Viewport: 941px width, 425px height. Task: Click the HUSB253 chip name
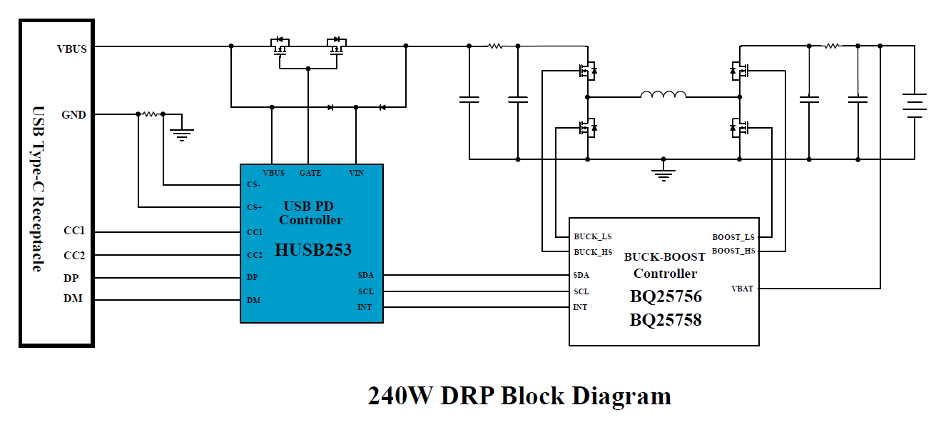tap(312, 250)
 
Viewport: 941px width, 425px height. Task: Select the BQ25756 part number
tap(665, 296)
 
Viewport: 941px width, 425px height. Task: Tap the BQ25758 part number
tap(665, 319)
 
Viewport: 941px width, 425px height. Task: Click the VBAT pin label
tap(742, 289)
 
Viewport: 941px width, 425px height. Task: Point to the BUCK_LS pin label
tap(592, 236)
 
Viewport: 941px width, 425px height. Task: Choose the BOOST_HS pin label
tap(733, 251)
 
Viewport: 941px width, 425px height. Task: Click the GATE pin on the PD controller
tap(310, 173)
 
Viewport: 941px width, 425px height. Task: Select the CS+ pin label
tap(255, 207)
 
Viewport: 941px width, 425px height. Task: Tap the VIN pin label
tap(356, 173)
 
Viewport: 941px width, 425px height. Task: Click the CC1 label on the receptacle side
tap(74, 232)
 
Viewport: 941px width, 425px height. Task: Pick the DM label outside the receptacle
tap(73, 299)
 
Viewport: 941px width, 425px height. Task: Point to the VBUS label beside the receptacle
tap(72, 49)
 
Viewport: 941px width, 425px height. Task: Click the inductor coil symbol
tap(663, 94)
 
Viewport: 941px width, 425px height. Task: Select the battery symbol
tap(914, 105)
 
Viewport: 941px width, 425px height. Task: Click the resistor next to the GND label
tap(150, 114)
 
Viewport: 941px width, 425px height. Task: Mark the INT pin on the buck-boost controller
tap(580, 307)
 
